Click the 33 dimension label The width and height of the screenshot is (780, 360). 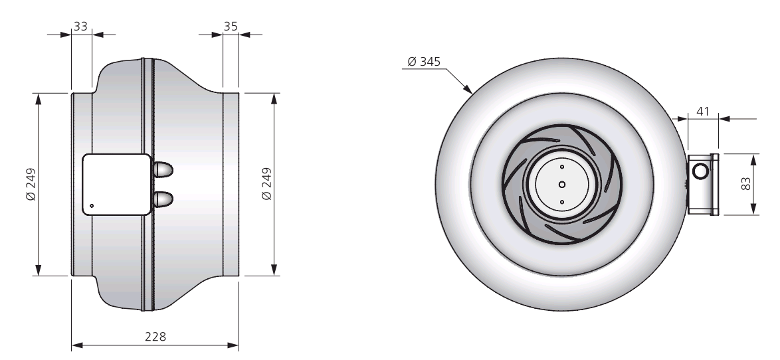[80, 26]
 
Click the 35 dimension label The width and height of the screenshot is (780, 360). [231, 26]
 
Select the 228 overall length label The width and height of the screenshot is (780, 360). [155, 337]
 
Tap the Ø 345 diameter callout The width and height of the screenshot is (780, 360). [424, 62]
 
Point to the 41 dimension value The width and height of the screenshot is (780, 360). [702, 112]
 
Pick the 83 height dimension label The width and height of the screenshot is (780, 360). [746, 184]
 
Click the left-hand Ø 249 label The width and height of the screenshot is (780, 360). [31, 184]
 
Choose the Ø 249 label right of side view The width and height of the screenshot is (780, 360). [266, 184]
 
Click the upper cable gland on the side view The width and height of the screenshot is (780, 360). [163, 169]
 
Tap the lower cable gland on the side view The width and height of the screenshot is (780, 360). [163, 199]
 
